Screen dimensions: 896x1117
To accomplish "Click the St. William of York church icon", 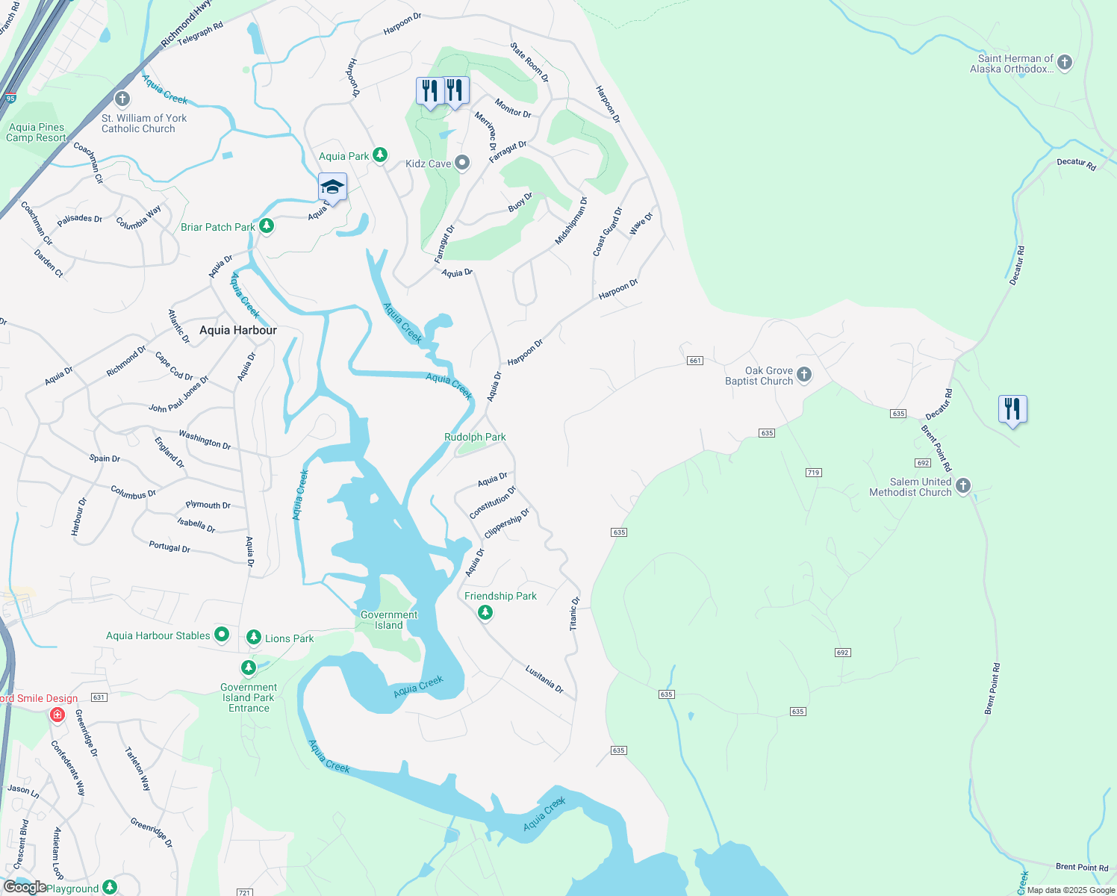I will click(122, 99).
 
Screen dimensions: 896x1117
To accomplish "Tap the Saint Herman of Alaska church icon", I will click(1065, 63).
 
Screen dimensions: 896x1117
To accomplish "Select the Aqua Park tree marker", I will click(380, 155).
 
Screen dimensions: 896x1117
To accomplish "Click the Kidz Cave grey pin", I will click(462, 163).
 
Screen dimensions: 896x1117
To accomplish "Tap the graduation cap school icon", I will click(332, 187).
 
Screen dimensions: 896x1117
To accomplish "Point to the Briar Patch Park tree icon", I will click(266, 225).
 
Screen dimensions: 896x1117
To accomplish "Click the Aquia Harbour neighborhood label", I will click(237, 330).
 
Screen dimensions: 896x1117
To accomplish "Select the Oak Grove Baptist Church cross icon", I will click(804, 374).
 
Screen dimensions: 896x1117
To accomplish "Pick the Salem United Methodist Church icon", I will click(963, 486).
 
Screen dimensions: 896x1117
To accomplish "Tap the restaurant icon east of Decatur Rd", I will click(1012, 409).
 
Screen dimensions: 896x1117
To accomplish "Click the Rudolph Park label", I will click(475, 437).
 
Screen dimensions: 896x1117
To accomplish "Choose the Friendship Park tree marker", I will click(485, 612).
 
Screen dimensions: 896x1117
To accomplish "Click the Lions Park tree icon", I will click(253, 637).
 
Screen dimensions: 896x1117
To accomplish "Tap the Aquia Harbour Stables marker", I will click(222, 635).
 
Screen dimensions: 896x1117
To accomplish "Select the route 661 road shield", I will click(695, 361).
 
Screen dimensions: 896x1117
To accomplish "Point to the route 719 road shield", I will click(813, 473).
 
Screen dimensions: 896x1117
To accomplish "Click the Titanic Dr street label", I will click(574, 614).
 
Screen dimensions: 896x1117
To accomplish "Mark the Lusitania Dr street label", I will click(544, 679).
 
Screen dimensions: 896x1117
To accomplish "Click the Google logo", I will click(25, 886).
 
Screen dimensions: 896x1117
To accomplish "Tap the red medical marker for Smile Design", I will click(57, 715).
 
